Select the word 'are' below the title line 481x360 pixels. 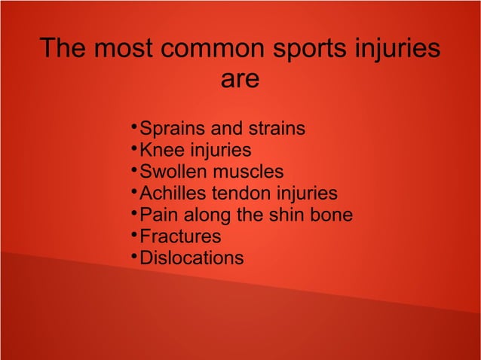(x=240, y=79)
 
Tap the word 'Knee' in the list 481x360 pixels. (x=159, y=151)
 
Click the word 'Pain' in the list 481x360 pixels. (x=157, y=215)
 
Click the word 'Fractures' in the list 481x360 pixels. (x=181, y=236)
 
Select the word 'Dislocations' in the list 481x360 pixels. (x=192, y=258)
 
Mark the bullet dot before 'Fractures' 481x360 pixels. (x=133, y=233)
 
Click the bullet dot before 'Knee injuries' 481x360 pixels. (x=133, y=146)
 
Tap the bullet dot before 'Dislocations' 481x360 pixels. (x=133, y=255)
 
